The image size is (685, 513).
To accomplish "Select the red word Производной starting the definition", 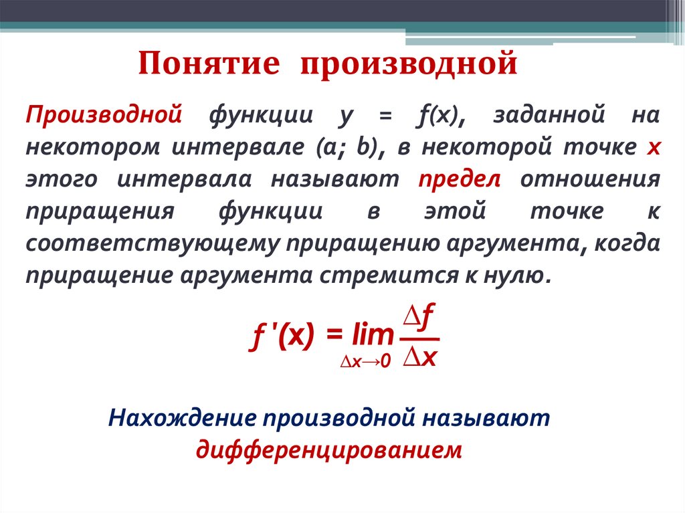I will point(104,114).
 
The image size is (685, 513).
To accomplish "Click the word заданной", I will point(550,114).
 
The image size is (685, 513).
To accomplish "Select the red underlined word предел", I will point(460,180).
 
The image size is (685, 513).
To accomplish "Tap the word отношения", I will point(590,180).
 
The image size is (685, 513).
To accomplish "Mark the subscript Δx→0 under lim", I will point(365,363).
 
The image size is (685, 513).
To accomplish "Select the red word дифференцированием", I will point(328,449).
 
